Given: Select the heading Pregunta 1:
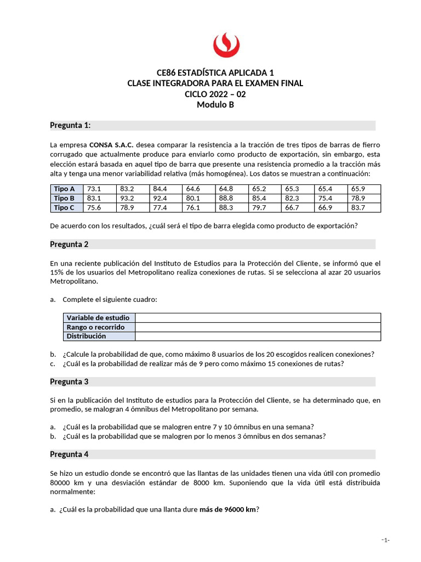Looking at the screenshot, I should tap(70, 126).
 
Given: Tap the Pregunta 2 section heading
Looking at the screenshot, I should tap(69, 244).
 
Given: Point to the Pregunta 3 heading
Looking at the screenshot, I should tap(69, 381).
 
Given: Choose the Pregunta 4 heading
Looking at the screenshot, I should tap(69, 454).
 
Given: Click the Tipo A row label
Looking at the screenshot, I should tap(64, 189).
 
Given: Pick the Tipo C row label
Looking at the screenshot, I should tap(64, 207).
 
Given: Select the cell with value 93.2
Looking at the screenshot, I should tap(127, 198).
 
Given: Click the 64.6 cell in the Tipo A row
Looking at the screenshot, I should tap(193, 189).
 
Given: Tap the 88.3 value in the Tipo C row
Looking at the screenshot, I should tap(226, 207).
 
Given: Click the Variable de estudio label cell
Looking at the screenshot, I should tap(98, 318).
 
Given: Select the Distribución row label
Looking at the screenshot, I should tap(86, 336).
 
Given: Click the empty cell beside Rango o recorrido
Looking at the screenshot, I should tap(258, 327).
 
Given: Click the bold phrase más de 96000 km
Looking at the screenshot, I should tap(227, 509).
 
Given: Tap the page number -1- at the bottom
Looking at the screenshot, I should tap(385, 540).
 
